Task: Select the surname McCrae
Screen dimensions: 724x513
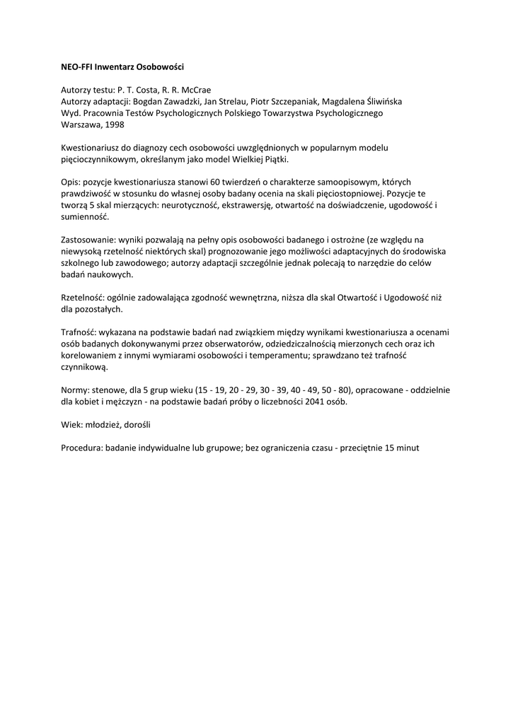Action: tap(196, 90)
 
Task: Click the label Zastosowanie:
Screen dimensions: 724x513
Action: tap(88, 240)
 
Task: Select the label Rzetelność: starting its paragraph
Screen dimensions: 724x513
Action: tap(83, 298)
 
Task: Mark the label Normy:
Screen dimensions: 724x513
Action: tap(76, 390)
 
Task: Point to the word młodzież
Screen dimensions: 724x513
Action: tap(103, 425)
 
